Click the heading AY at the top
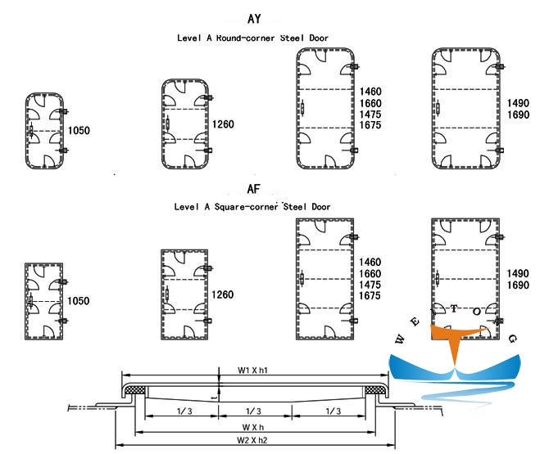(254, 19)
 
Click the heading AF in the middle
(253, 189)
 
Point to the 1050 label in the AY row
(79, 130)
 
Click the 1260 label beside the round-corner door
(223, 124)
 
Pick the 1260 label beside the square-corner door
(223, 294)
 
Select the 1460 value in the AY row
(371, 91)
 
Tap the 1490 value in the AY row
(519, 103)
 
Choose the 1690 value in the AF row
(519, 285)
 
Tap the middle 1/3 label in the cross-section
(253, 411)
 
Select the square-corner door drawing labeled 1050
(44, 301)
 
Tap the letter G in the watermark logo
(511, 338)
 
